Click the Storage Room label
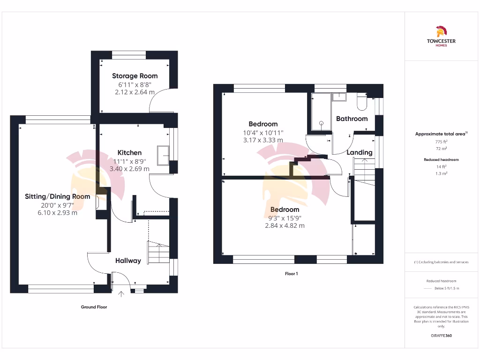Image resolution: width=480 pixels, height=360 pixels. pos(135,76)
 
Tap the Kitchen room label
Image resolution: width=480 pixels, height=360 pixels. pos(129,153)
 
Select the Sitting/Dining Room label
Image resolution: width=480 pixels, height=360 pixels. pos(57,196)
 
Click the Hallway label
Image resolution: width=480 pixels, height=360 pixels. pos(128,261)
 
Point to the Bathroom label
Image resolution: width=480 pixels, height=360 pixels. pos(352,119)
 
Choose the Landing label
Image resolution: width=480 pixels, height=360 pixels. pos(360,152)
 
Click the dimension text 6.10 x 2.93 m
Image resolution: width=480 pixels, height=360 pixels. pos(57,213)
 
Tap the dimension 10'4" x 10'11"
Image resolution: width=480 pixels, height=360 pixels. pos(263,132)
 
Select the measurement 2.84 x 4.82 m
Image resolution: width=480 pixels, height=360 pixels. pos(285,225)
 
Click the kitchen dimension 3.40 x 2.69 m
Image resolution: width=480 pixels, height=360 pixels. pos(129,169)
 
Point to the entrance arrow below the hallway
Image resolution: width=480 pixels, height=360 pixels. pos(121,294)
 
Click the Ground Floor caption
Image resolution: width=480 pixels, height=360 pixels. pos(94,307)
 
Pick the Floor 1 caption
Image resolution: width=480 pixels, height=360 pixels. pos(291,274)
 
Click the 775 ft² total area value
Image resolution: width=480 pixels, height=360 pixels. pos(441,142)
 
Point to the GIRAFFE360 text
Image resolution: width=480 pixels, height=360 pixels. pos(441,336)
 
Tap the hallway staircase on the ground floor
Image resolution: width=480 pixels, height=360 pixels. pos(158,253)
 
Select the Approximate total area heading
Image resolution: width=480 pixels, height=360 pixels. pos(441,134)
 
